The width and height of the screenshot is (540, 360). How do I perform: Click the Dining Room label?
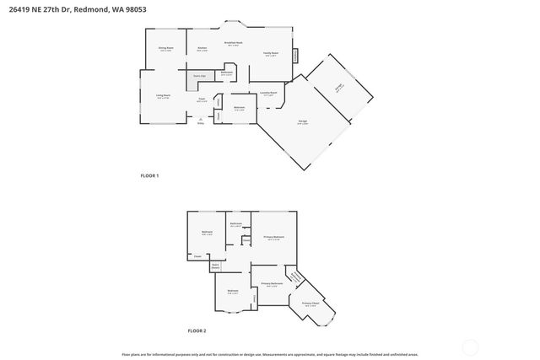165,48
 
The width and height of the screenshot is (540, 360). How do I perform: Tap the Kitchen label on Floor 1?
202,48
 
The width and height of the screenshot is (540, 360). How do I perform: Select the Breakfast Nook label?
234,42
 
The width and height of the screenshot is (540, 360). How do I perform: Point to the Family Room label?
270,53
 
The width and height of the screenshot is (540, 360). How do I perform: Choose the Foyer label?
202,99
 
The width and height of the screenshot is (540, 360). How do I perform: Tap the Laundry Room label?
269,93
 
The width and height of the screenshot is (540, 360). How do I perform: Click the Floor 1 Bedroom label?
240,107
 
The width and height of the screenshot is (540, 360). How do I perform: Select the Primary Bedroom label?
273,237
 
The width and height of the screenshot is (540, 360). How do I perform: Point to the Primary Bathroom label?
270,283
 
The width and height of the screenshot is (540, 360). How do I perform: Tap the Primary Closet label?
310,303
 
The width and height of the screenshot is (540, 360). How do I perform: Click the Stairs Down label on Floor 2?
215,266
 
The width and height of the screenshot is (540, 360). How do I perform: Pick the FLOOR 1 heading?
149,175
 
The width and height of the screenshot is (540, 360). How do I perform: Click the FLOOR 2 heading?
197,330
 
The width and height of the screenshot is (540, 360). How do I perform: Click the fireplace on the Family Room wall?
295,55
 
